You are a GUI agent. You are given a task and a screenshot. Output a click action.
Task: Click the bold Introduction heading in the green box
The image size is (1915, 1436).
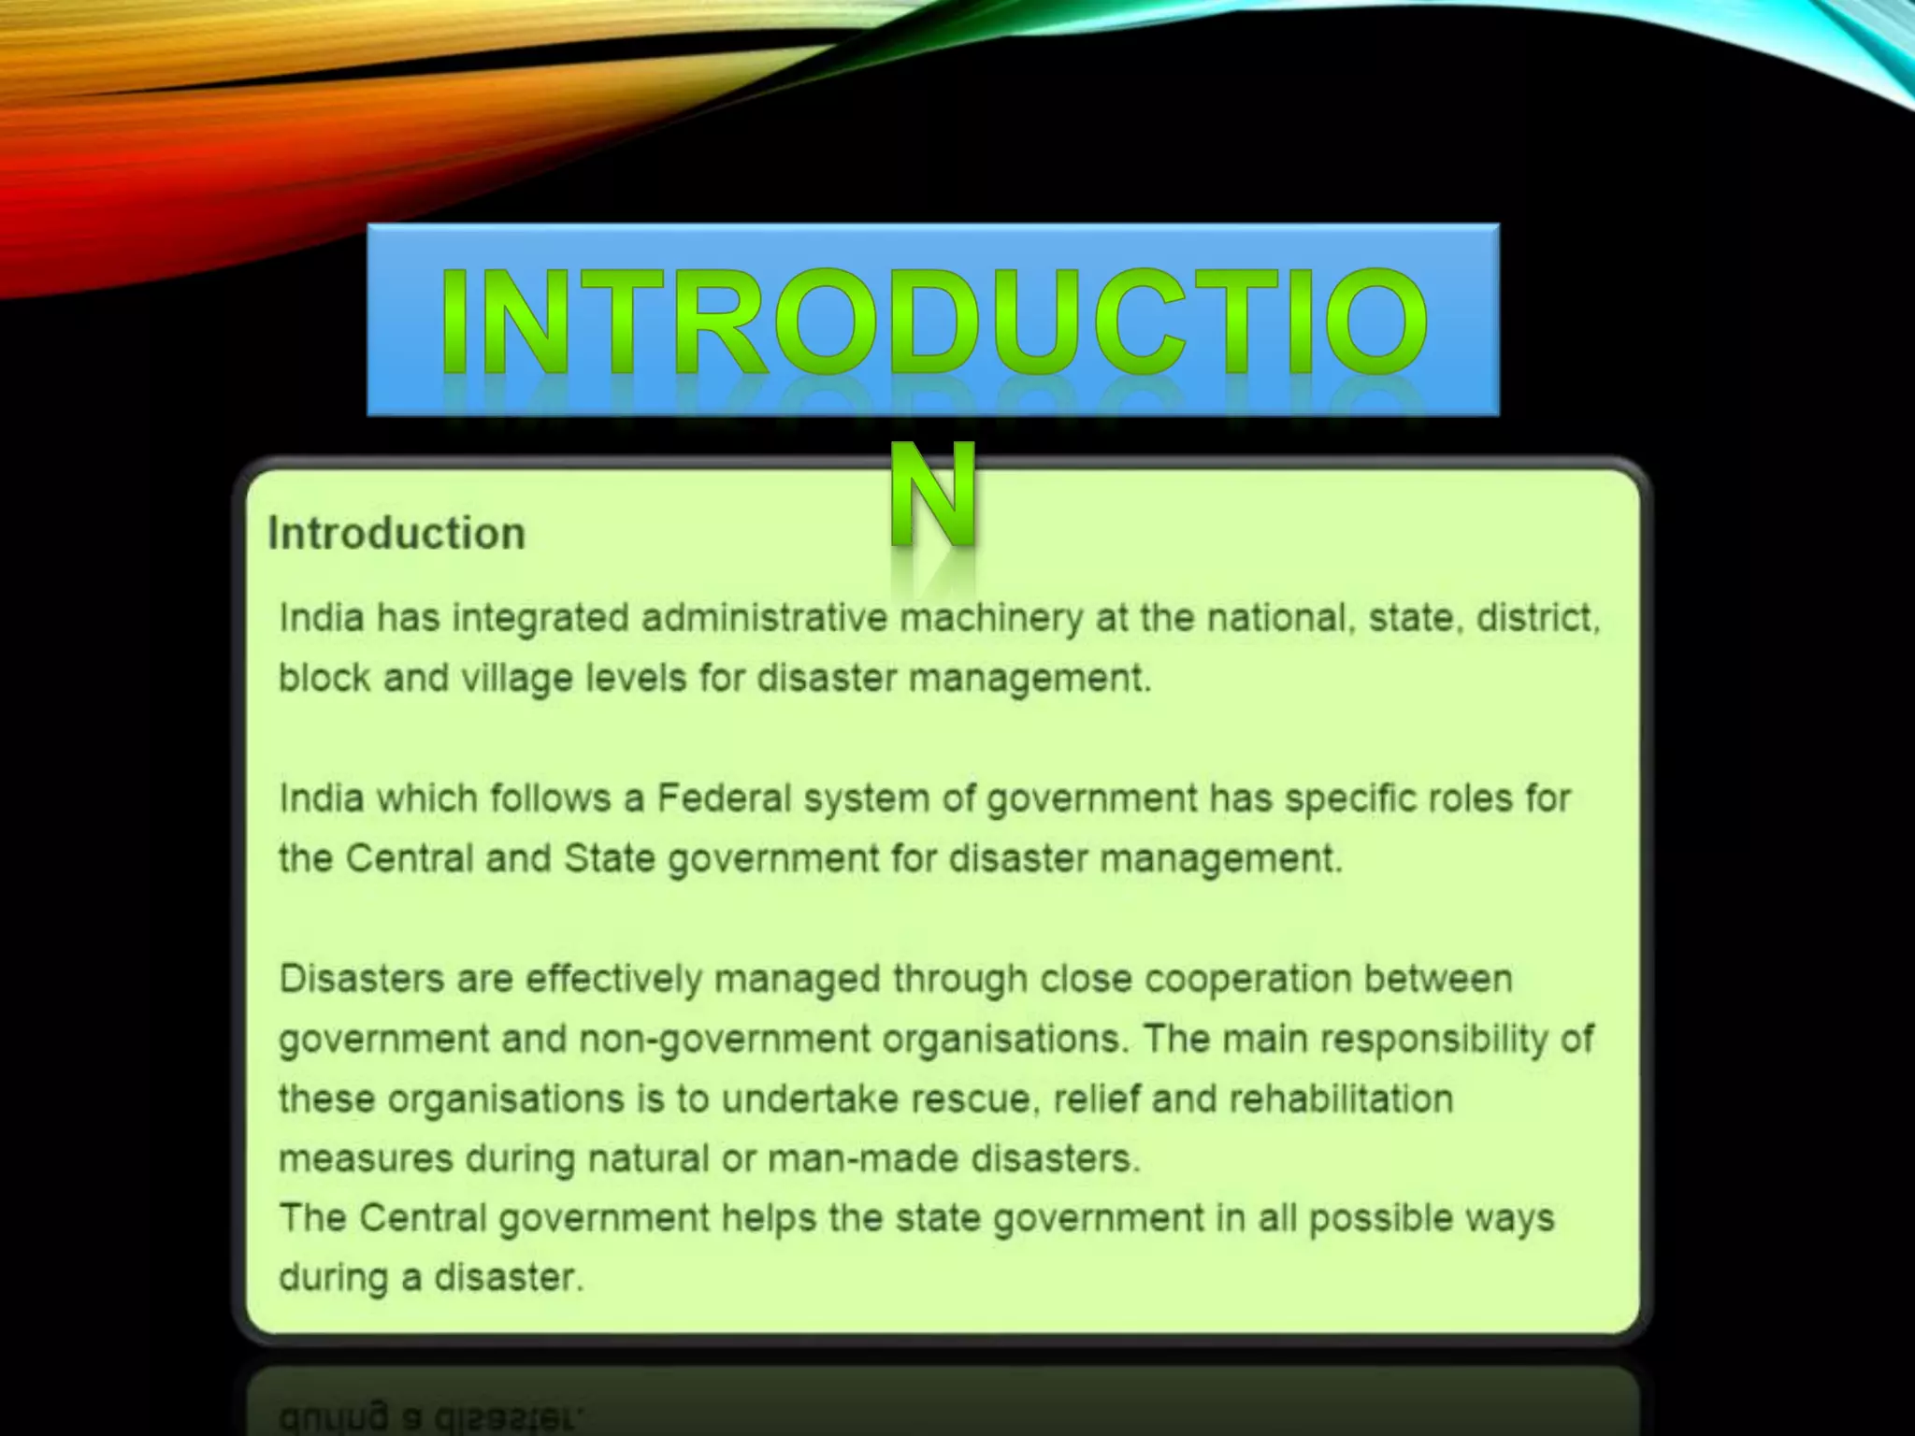(x=396, y=534)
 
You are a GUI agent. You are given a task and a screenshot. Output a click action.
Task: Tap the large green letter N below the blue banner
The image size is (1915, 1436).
(x=932, y=495)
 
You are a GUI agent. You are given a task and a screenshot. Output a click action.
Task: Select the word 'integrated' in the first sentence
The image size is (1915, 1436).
(x=540, y=619)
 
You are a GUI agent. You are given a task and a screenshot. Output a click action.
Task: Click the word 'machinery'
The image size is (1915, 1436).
(x=990, y=619)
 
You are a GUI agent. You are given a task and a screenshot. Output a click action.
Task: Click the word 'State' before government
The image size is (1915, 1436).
(x=610, y=858)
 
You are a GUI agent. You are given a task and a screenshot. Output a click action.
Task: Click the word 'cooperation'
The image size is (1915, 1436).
(x=1247, y=979)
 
